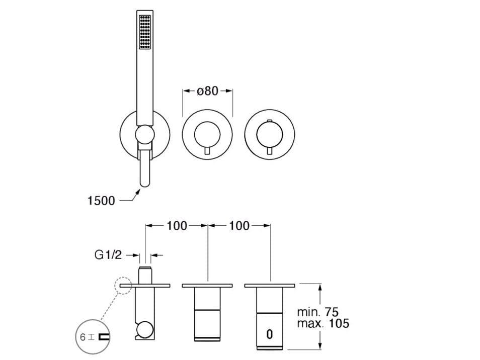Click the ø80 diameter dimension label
point(208,91)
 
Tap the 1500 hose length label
point(101,201)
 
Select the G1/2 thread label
point(108,255)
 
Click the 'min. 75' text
point(318,312)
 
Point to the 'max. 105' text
point(323,323)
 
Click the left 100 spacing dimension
point(177,226)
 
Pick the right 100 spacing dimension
point(239,226)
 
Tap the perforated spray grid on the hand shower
point(144,32)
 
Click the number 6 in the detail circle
point(83,337)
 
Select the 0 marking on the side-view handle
point(269,334)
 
